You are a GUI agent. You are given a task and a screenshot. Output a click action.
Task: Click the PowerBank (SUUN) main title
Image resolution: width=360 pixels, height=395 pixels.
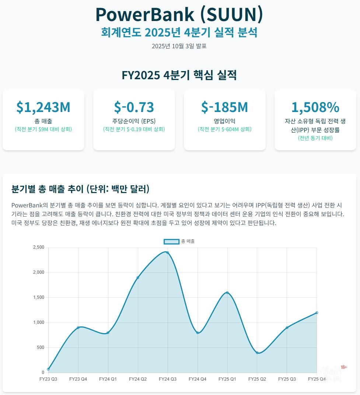[x=179, y=14]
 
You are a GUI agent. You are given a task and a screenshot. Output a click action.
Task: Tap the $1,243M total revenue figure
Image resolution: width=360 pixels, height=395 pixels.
[x=43, y=107]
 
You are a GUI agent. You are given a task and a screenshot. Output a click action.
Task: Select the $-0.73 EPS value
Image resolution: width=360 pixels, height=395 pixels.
[x=134, y=107]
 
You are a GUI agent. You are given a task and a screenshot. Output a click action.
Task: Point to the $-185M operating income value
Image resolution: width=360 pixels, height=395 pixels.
[x=224, y=107]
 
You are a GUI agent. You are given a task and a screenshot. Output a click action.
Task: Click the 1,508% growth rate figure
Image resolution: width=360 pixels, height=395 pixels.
[x=315, y=107]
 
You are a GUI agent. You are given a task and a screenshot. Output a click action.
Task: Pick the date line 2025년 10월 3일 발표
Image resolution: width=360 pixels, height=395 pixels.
[x=179, y=46]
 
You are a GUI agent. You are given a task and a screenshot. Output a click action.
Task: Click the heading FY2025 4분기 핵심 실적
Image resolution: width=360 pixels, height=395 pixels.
[x=179, y=75]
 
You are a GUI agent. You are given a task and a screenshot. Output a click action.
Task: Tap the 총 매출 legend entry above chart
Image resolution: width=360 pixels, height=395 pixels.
[x=179, y=241]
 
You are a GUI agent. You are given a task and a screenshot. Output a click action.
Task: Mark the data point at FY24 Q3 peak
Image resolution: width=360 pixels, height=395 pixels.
[x=167, y=252]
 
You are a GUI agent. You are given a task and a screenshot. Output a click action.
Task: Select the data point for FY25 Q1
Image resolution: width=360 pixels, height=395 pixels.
[x=227, y=293]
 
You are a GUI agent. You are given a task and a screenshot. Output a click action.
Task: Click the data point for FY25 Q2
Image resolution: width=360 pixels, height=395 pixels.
[x=257, y=353]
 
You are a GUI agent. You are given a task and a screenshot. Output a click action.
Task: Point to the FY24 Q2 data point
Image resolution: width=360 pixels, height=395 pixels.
[x=137, y=277]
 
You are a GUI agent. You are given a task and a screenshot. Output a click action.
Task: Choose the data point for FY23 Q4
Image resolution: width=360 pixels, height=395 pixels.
[x=78, y=328]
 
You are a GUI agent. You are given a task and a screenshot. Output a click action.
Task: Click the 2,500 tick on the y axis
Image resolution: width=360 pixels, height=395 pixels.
[x=38, y=247]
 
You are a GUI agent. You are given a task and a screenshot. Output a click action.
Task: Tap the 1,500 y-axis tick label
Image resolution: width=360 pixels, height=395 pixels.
[x=38, y=297]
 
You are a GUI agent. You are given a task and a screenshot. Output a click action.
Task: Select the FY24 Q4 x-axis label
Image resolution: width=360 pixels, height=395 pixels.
[x=197, y=379]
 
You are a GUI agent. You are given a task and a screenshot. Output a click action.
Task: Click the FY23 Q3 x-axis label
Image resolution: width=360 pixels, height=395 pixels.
[x=48, y=379]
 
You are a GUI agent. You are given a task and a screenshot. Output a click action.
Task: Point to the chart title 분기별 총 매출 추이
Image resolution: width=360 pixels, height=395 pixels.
[x=80, y=189]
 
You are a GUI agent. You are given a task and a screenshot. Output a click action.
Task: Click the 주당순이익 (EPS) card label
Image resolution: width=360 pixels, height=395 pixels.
[x=134, y=121]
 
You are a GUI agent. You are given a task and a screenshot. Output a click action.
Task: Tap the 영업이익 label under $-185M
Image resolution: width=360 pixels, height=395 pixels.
[x=224, y=121]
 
